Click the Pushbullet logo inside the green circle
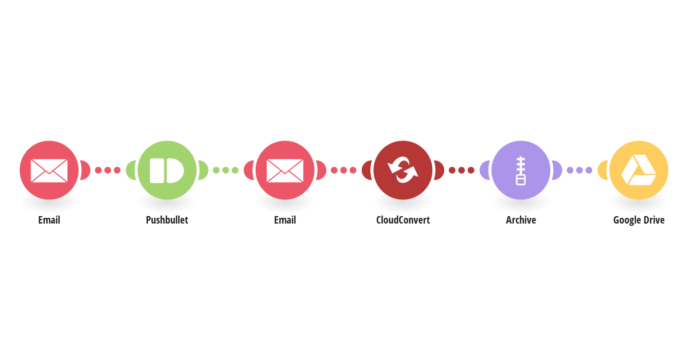point(167,170)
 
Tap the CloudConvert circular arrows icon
point(403,170)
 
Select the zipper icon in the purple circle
point(521,171)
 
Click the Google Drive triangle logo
point(639,170)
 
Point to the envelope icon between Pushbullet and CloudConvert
point(285,170)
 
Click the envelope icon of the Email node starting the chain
point(49,170)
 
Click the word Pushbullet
point(167,220)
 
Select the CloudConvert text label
point(403,220)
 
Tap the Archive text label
point(521,220)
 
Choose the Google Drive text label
point(639,220)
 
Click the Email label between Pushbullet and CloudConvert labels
point(285,220)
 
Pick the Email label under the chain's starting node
point(49,220)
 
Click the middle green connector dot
point(226,170)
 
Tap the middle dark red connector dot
point(462,170)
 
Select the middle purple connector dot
point(580,170)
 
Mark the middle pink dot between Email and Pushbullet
point(108,170)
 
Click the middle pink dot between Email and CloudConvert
point(343,170)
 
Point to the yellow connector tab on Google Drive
point(603,170)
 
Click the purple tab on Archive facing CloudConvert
point(485,170)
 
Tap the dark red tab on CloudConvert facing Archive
point(439,170)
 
